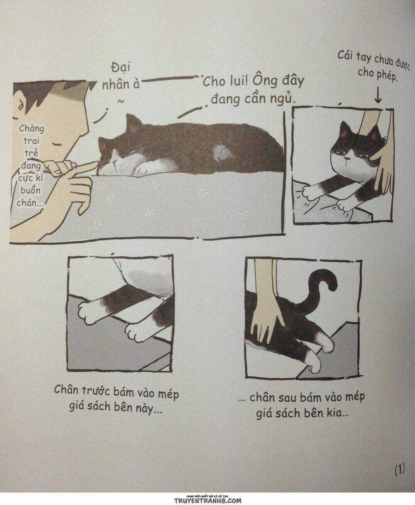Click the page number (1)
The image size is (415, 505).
point(399,470)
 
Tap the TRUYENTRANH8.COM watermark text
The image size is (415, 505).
point(207,501)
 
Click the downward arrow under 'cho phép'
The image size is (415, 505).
point(378,97)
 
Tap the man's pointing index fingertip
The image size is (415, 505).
point(95,166)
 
